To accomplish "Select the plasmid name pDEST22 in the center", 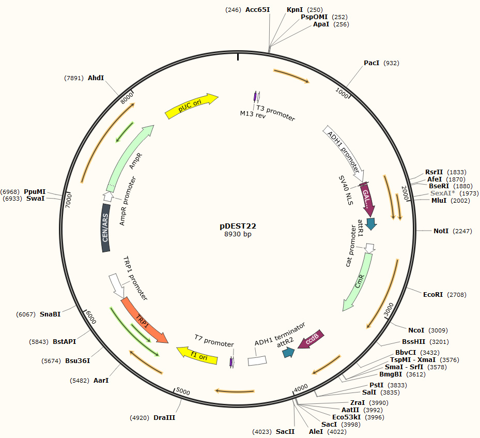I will coord(238,226).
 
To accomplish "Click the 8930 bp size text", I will coord(238,234).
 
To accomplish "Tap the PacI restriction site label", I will coord(371,63).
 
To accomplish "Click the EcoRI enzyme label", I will coord(432,295).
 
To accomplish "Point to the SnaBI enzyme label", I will coord(50,314).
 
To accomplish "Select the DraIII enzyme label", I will coord(164,417).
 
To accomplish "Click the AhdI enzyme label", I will coord(96,78).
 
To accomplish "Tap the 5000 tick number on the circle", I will coord(183,391).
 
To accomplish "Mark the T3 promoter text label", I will coord(276,113).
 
